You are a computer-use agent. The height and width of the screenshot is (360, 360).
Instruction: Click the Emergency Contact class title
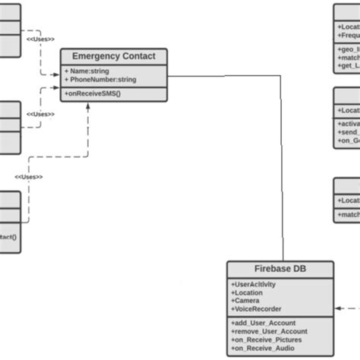(x=113, y=56)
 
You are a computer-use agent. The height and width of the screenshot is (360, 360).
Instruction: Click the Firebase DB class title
(x=279, y=269)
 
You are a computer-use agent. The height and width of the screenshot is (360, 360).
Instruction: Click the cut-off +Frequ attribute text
(x=348, y=35)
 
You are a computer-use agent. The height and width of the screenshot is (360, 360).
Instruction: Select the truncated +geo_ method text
(x=348, y=49)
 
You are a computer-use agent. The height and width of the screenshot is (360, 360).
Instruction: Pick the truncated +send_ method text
(x=348, y=132)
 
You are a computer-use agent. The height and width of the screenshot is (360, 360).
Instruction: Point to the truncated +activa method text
(x=348, y=124)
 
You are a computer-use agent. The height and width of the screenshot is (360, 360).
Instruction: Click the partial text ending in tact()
(x=9, y=236)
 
